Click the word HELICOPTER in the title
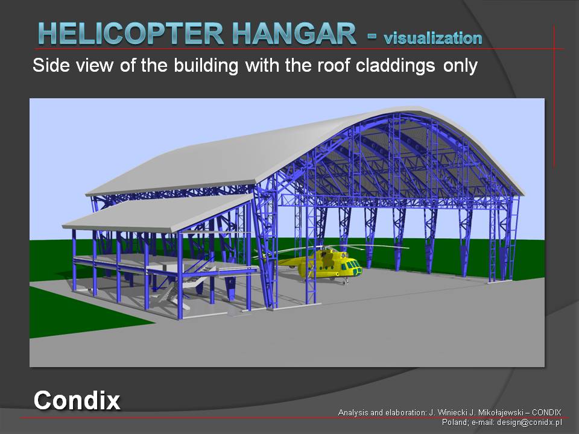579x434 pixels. point(131,34)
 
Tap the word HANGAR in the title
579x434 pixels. point(294,34)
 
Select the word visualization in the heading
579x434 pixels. point(433,38)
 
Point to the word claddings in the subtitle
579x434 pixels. point(396,66)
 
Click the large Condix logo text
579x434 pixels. point(77,400)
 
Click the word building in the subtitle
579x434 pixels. point(206,66)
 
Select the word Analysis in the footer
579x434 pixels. point(352,413)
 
